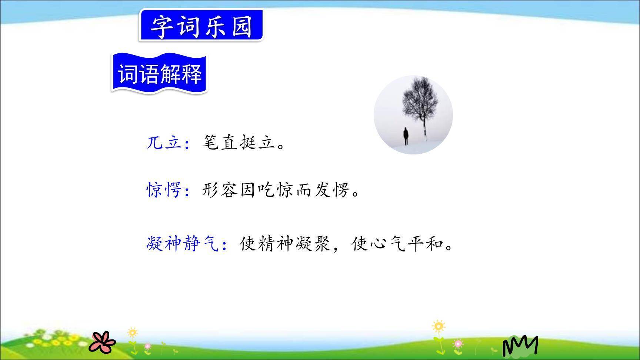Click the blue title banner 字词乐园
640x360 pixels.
(201, 26)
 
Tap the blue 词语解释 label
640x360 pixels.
(160, 74)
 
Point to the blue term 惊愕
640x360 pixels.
(164, 190)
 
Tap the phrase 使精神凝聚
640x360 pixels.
(285, 244)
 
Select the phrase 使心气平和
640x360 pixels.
(398, 244)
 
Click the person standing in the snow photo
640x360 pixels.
(406, 136)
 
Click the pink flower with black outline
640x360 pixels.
(102, 342)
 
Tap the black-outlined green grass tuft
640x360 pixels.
(520, 347)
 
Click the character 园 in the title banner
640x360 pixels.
(241, 26)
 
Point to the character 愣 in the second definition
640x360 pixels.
(341, 190)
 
